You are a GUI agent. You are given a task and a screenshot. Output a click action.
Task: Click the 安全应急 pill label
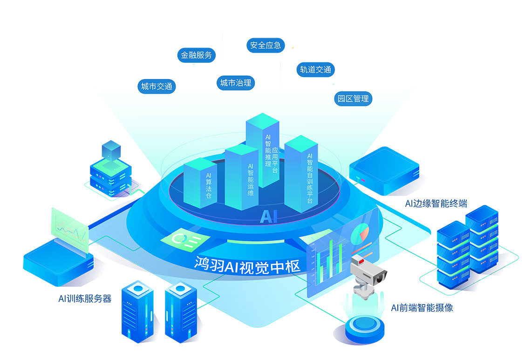click(265, 45)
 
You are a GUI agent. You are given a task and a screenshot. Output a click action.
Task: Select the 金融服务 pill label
click(197, 55)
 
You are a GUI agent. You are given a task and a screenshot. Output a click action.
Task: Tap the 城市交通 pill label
click(157, 86)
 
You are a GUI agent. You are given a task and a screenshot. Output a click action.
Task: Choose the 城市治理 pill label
click(236, 83)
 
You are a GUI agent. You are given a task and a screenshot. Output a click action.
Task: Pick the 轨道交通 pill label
click(316, 70)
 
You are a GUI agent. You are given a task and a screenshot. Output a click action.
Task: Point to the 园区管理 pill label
click(353, 99)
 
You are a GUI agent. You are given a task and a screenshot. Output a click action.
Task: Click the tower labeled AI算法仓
click(200, 183)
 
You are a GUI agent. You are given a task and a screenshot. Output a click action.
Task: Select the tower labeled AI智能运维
click(242, 177)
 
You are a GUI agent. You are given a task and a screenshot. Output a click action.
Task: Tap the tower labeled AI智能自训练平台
click(301, 174)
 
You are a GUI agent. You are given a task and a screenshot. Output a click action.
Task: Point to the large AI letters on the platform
click(269, 217)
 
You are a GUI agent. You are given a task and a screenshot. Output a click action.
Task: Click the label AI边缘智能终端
click(436, 204)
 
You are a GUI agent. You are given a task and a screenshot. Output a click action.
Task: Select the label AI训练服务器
click(85, 299)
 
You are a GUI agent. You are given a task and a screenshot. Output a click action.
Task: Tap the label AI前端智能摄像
click(422, 308)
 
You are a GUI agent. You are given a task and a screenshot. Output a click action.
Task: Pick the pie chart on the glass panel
click(360, 233)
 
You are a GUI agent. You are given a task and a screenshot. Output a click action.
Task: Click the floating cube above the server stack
click(111, 151)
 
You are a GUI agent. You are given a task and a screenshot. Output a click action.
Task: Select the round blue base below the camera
click(365, 328)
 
